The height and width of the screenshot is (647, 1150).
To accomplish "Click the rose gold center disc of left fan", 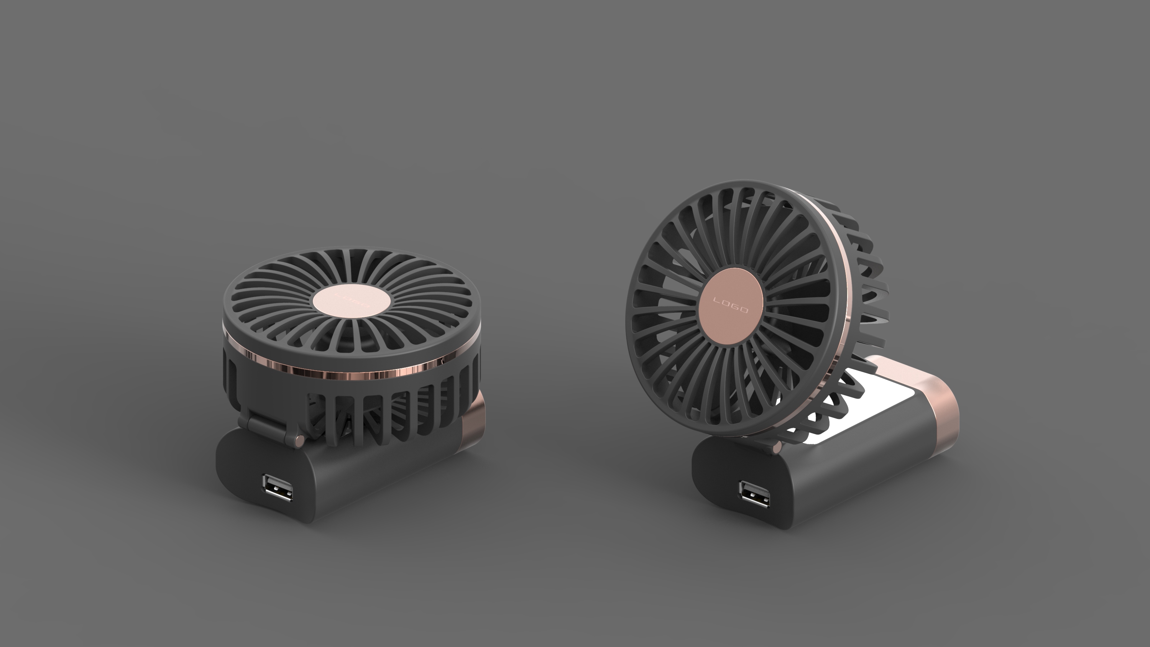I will click(x=352, y=304).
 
